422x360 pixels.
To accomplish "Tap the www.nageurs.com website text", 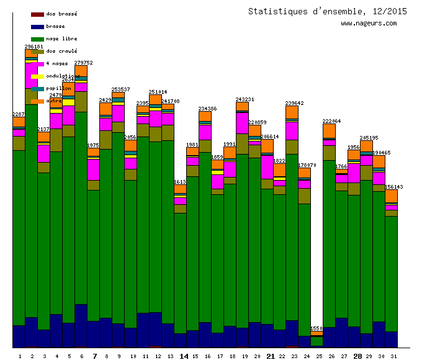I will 369,24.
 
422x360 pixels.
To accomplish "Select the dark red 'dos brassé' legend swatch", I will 37,14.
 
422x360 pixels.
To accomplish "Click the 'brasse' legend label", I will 55,26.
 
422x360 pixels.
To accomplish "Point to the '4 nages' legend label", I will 57,63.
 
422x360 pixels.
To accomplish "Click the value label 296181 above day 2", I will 34,47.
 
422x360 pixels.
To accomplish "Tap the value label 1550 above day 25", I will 316,328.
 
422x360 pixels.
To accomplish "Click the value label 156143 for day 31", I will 393,186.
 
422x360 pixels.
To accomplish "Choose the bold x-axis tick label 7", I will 94,356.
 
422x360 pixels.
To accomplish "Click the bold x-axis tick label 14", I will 184,356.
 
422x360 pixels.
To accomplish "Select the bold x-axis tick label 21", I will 271,356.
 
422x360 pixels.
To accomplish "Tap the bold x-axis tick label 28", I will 357,356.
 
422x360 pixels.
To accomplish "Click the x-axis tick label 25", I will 319,356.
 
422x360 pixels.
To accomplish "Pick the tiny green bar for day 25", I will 316,341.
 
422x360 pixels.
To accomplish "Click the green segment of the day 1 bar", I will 19,236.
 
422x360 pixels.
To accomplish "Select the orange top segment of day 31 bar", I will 391,196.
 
